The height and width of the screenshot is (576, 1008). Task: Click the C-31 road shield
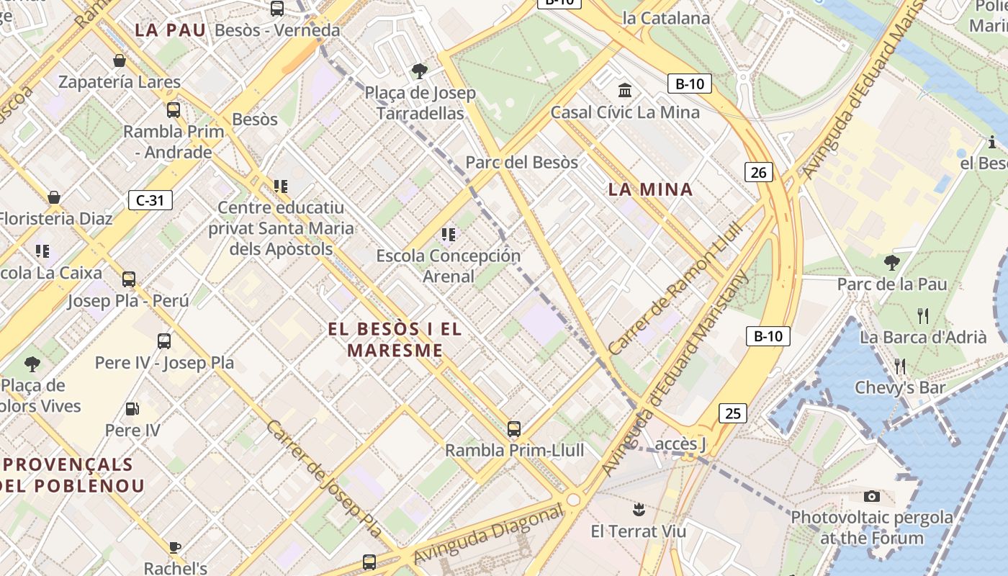pyautogui.click(x=150, y=199)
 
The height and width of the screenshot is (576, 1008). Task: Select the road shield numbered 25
pyautogui.click(x=732, y=413)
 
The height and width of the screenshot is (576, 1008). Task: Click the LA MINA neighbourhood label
pyautogui.click(x=650, y=189)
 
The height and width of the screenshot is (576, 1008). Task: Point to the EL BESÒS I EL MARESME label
pyautogui.click(x=395, y=339)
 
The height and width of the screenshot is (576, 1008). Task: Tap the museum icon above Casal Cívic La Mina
pyautogui.click(x=625, y=91)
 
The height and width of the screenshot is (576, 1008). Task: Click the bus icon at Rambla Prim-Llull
pyautogui.click(x=514, y=429)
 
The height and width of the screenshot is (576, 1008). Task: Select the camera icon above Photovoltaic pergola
pyautogui.click(x=872, y=496)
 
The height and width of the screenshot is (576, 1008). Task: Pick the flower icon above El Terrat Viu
pyautogui.click(x=637, y=510)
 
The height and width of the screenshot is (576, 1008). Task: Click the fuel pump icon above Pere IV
pyautogui.click(x=132, y=409)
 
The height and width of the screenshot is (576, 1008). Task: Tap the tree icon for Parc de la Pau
pyautogui.click(x=891, y=263)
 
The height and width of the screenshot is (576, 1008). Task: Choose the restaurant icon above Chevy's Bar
pyautogui.click(x=899, y=366)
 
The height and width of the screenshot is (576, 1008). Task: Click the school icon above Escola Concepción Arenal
pyautogui.click(x=449, y=235)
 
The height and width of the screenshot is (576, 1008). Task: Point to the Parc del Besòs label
pyautogui.click(x=521, y=162)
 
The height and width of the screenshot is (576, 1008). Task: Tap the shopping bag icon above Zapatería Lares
pyautogui.click(x=120, y=60)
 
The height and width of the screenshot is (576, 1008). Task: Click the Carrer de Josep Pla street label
pyautogui.click(x=324, y=478)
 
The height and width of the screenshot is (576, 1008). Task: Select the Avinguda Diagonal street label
pyautogui.click(x=490, y=534)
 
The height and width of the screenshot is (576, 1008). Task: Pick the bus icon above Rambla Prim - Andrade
pyautogui.click(x=174, y=110)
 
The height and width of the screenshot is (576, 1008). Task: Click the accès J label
pyautogui.click(x=680, y=443)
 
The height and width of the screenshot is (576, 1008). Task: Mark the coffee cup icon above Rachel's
pyautogui.click(x=175, y=547)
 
